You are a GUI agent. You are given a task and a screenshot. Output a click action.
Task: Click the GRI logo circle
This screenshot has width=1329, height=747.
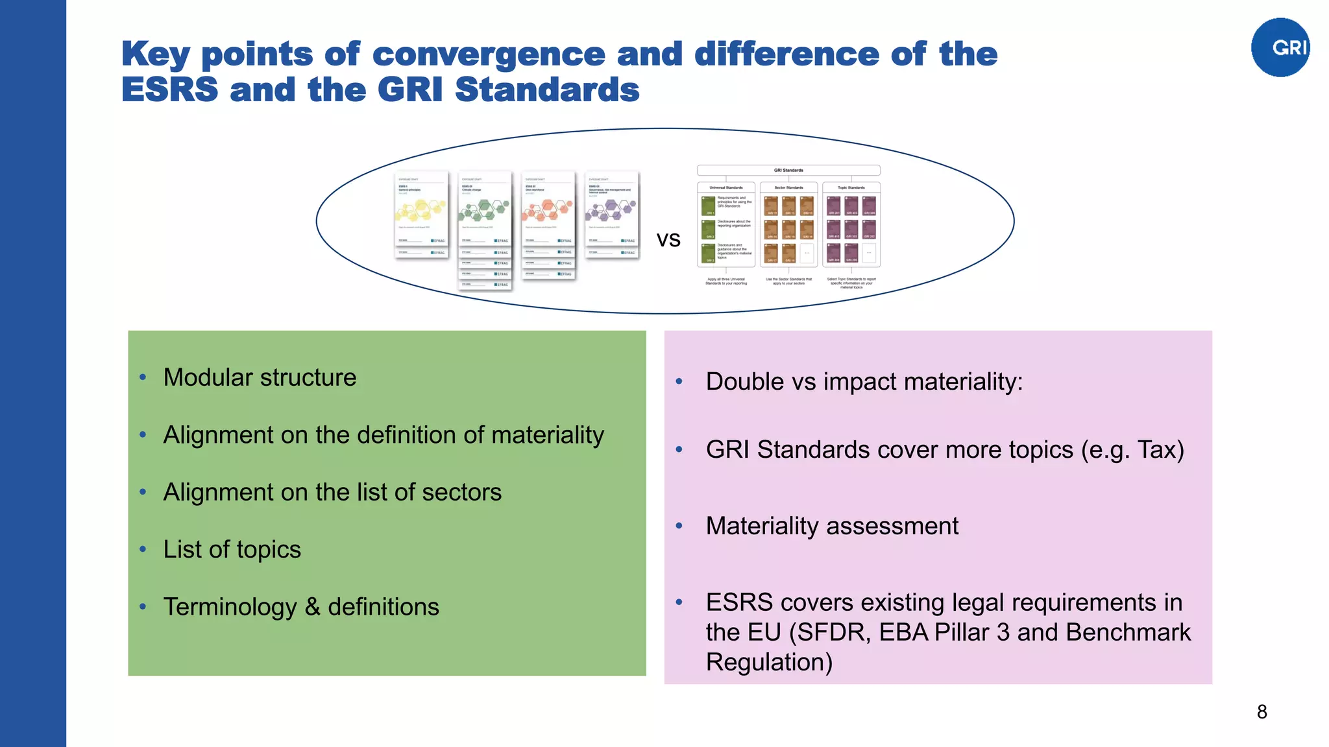point(1280,47)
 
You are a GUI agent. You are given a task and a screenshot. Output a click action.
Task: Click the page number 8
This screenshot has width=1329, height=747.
point(1262,712)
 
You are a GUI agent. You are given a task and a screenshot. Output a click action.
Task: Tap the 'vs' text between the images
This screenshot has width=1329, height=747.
point(668,239)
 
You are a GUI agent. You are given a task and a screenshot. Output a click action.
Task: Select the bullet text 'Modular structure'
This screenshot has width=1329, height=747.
point(260,377)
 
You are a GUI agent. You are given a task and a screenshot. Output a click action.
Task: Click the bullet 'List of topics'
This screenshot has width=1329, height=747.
point(232,549)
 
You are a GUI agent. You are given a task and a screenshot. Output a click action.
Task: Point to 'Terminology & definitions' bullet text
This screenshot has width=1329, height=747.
point(301,607)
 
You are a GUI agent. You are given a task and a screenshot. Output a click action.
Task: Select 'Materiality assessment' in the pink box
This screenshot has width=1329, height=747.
point(832,526)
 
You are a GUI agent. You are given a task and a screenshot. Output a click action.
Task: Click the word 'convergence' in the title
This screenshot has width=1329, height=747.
point(489,54)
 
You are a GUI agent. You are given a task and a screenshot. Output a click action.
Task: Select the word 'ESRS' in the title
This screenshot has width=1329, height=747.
point(169,89)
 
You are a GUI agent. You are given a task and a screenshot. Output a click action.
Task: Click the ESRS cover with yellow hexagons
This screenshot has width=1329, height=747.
point(421,214)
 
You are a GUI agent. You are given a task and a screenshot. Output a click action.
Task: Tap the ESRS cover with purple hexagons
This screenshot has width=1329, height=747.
point(611,214)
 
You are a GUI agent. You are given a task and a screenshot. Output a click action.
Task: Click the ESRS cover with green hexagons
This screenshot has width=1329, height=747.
point(484,214)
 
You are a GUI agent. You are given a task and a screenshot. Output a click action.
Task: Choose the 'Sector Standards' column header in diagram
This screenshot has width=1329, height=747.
point(788,187)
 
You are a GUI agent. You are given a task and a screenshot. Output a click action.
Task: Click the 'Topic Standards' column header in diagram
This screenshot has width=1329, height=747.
point(851,187)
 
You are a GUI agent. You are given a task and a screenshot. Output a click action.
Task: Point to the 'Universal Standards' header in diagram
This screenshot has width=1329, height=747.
point(726,187)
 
